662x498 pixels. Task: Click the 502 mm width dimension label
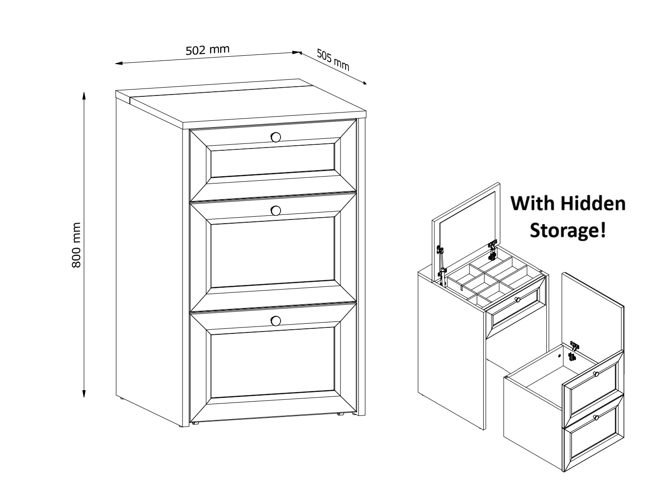coord(207,50)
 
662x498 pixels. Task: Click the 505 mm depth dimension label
coord(333,60)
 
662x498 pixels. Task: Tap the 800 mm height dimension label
coord(76,245)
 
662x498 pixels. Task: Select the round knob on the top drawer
coord(275,137)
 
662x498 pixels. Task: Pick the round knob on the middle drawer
coord(275,211)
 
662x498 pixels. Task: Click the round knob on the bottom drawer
coord(275,320)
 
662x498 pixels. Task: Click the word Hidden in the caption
coord(593,203)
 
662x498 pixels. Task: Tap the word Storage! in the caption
coord(568,230)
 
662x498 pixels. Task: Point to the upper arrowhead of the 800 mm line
coord(84,95)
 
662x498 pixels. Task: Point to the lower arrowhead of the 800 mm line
coord(84,394)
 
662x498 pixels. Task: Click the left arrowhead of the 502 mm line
coord(119,63)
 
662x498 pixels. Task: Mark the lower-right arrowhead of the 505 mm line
coord(364,83)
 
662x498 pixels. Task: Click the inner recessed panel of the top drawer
coord(273,160)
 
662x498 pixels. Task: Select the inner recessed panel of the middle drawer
coord(273,252)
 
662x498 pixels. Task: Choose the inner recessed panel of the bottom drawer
coord(273,362)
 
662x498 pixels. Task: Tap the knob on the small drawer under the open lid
coord(517,299)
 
